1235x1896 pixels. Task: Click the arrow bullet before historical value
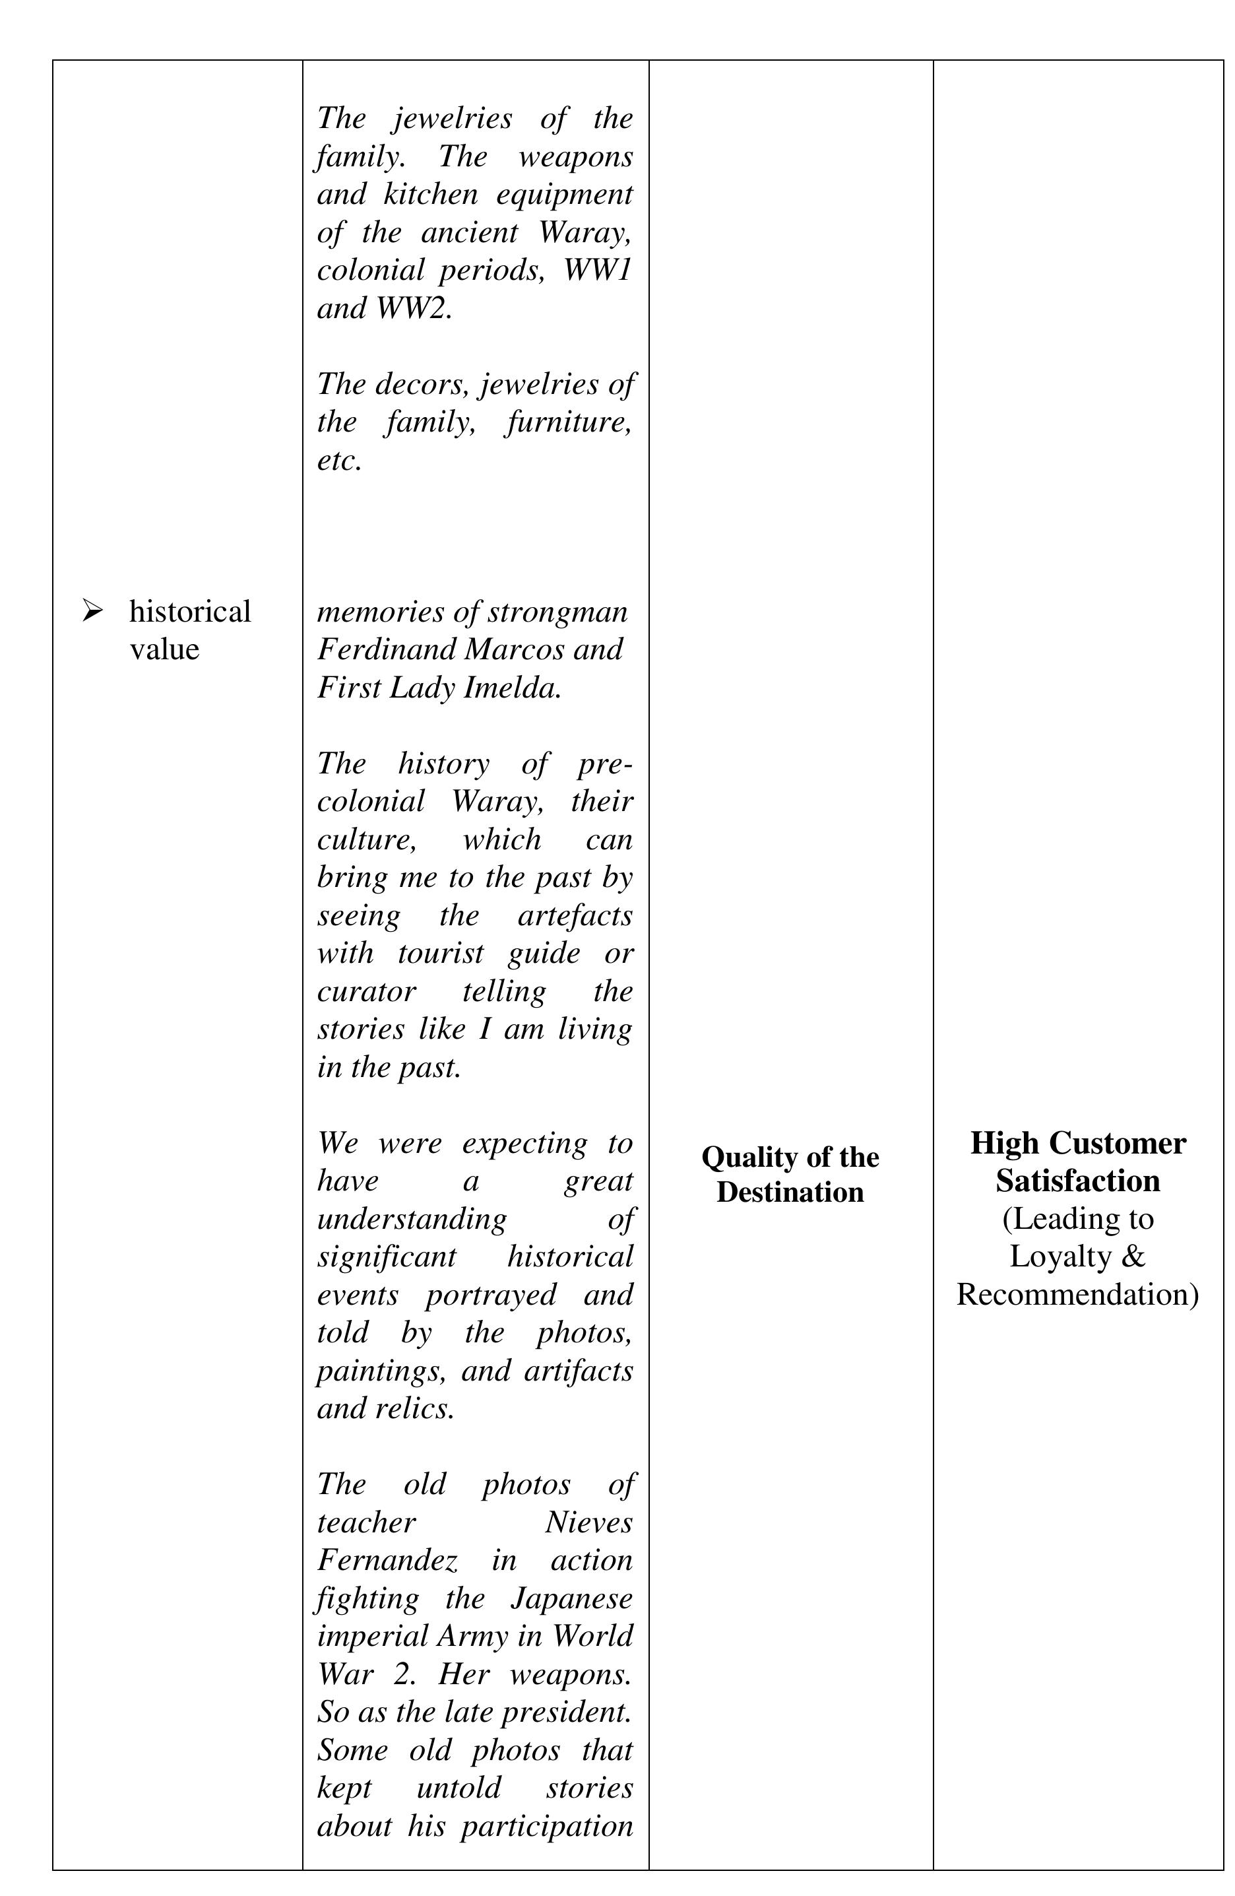[92, 611]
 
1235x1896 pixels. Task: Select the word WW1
[597, 270]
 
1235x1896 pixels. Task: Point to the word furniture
[569, 422]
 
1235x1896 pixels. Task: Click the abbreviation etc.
[339, 460]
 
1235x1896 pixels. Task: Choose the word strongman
[557, 612]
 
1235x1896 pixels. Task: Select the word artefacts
[575, 915]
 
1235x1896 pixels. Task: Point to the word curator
[366, 991]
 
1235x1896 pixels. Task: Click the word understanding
[412, 1219]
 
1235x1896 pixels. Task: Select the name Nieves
[589, 1522]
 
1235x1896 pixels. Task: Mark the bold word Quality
[750, 1157]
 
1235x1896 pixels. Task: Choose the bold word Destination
[790, 1192]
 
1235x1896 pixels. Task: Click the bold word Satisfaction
[1077, 1181]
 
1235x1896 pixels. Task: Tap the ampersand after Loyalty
[1133, 1257]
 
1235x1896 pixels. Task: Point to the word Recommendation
[1077, 1295]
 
